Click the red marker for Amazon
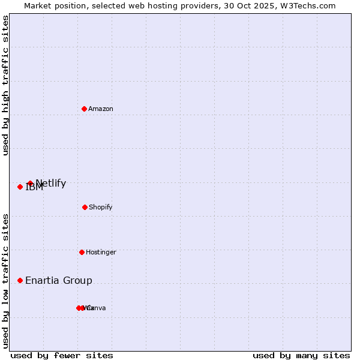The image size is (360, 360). (84, 109)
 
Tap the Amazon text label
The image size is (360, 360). (101, 109)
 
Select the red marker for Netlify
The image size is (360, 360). (30, 183)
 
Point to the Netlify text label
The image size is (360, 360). (51, 183)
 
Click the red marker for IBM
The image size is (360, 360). (20, 187)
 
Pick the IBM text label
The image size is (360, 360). (34, 187)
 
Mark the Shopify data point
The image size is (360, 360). (85, 207)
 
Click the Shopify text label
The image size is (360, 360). (101, 207)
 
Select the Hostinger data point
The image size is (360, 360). (82, 252)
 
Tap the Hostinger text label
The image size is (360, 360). (101, 252)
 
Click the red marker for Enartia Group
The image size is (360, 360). (20, 280)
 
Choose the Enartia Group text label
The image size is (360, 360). (59, 280)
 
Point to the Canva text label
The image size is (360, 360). (97, 308)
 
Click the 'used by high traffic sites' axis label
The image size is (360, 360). (6, 85)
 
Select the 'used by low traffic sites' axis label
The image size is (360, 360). (6, 281)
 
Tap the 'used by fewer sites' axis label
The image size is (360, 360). (62, 355)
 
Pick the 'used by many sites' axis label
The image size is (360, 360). (301, 355)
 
